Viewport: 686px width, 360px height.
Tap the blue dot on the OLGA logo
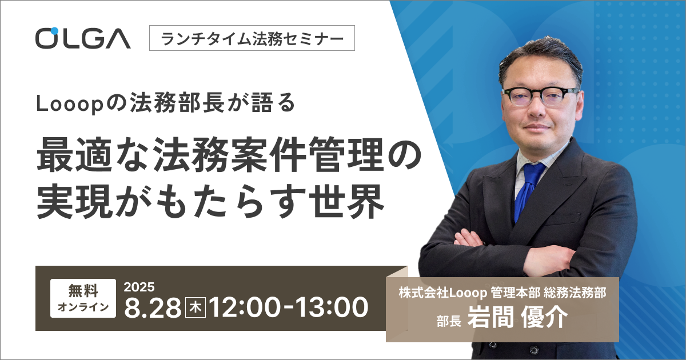point(54,31)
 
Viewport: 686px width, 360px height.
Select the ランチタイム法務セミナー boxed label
point(252,38)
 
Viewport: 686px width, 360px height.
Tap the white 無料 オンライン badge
point(83,298)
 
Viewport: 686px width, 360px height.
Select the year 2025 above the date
point(139,287)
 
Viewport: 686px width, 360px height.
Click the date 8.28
point(153,307)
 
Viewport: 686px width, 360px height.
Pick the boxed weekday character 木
point(196,307)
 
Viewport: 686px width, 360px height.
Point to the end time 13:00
point(332,307)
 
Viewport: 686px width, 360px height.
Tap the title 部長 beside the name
point(449,321)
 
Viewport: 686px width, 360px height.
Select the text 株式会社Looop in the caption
point(443,293)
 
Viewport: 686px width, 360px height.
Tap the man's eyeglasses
point(541,95)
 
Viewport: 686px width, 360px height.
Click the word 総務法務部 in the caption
point(575,293)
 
